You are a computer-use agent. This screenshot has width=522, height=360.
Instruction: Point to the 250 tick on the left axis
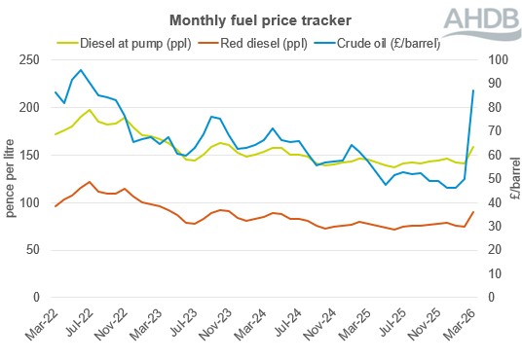(33, 60)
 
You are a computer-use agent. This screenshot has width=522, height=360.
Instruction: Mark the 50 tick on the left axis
(37, 250)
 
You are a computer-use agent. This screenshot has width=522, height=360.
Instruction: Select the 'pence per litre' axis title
(12, 178)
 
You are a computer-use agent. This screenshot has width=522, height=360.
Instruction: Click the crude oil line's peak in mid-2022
(82, 70)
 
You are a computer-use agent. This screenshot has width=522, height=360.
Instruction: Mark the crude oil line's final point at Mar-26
(473, 90)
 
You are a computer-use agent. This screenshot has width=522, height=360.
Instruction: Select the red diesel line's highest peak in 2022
(90, 182)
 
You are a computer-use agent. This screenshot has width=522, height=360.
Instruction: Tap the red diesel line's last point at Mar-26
(473, 212)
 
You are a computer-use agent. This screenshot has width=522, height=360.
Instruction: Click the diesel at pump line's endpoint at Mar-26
(473, 147)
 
